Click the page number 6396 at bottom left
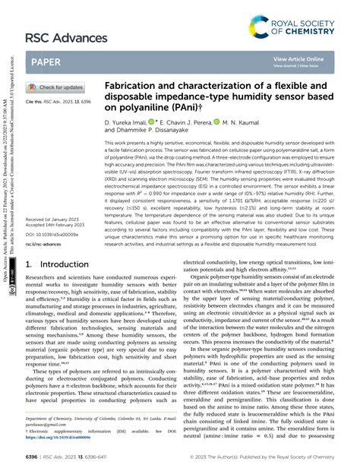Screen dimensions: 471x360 [x=32, y=457]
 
